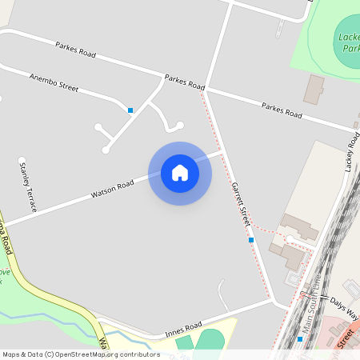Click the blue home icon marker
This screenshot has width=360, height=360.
pos(180,173)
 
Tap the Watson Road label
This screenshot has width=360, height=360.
pos(112,190)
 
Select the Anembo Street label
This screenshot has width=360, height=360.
pos(54,82)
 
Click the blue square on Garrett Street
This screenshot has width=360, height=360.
pos(251,240)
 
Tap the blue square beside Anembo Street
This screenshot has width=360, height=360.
pos(130,110)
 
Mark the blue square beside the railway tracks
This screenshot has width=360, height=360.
pos(300,339)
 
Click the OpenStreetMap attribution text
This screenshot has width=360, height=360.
pos(80,354)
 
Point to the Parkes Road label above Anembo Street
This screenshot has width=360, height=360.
pos(76,50)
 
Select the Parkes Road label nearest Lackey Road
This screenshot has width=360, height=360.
pos(282,110)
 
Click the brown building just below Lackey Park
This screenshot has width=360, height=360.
pos(314,89)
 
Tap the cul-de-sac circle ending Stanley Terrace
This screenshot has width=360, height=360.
pos(22,160)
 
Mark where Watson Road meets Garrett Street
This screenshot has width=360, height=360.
pos(222,150)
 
